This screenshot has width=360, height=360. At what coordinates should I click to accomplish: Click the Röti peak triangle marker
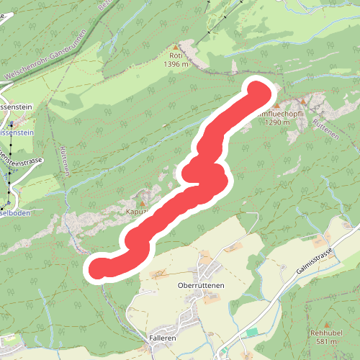(174, 45)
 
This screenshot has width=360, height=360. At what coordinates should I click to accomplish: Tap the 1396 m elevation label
(176, 64)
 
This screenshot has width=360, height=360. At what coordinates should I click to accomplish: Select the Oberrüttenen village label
(202, 285)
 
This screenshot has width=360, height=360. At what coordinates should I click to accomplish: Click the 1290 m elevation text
(276, 122)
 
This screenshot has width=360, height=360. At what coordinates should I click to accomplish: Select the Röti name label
(176, 55)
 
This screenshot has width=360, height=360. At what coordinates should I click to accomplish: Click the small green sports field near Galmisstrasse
(251, 331)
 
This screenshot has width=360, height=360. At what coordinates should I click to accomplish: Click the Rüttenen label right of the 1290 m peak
(325, 130)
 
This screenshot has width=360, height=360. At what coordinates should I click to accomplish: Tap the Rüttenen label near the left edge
(65, 158)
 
